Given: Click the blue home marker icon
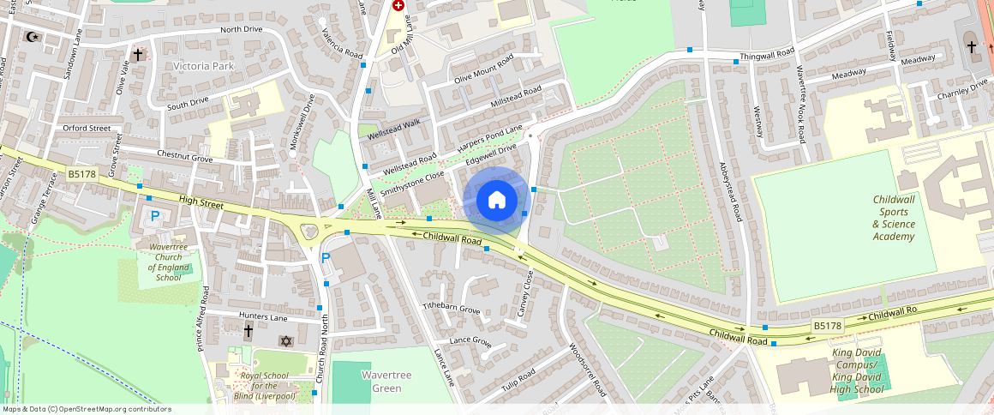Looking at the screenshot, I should [x=496, y=201].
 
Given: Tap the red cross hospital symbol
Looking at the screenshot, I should [x=398, y=5].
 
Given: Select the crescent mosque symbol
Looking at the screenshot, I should [x=33, y=37].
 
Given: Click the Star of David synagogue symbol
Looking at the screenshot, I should [x=286, y=341].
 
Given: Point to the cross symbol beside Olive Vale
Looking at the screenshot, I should [x=137, y=54].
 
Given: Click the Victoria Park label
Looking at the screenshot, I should [x=202, y=65].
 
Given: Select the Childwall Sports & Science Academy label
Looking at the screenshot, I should [x=894, y=218].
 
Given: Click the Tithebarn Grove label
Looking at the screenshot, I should [x=452, y=307].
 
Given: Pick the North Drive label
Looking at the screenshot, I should [x=241, y=30].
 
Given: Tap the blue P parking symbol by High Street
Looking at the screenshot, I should [x=155, y=216].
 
